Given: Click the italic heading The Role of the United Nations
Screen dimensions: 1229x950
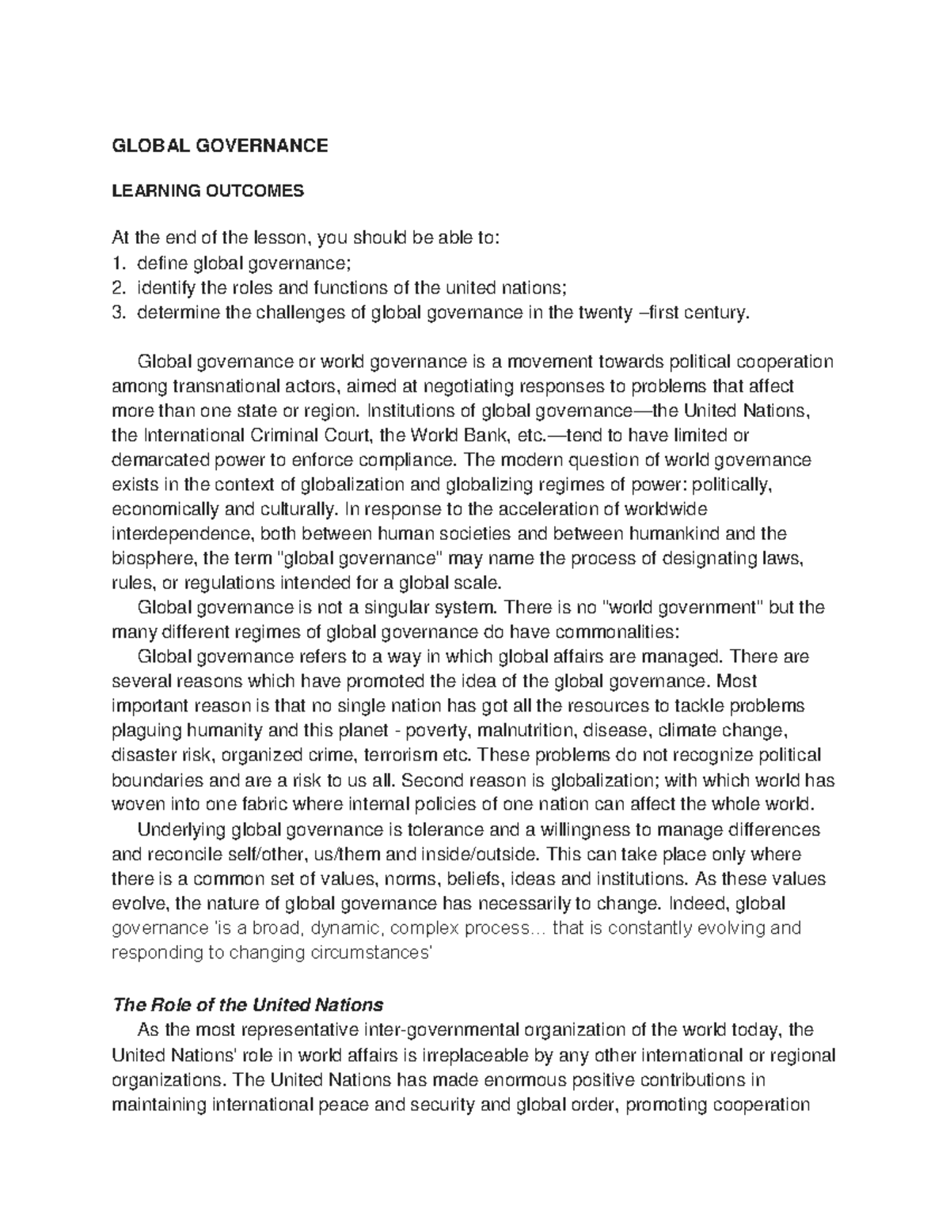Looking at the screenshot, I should (x=249, y=1005).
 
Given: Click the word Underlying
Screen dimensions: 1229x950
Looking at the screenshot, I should (x=180, y=830).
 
